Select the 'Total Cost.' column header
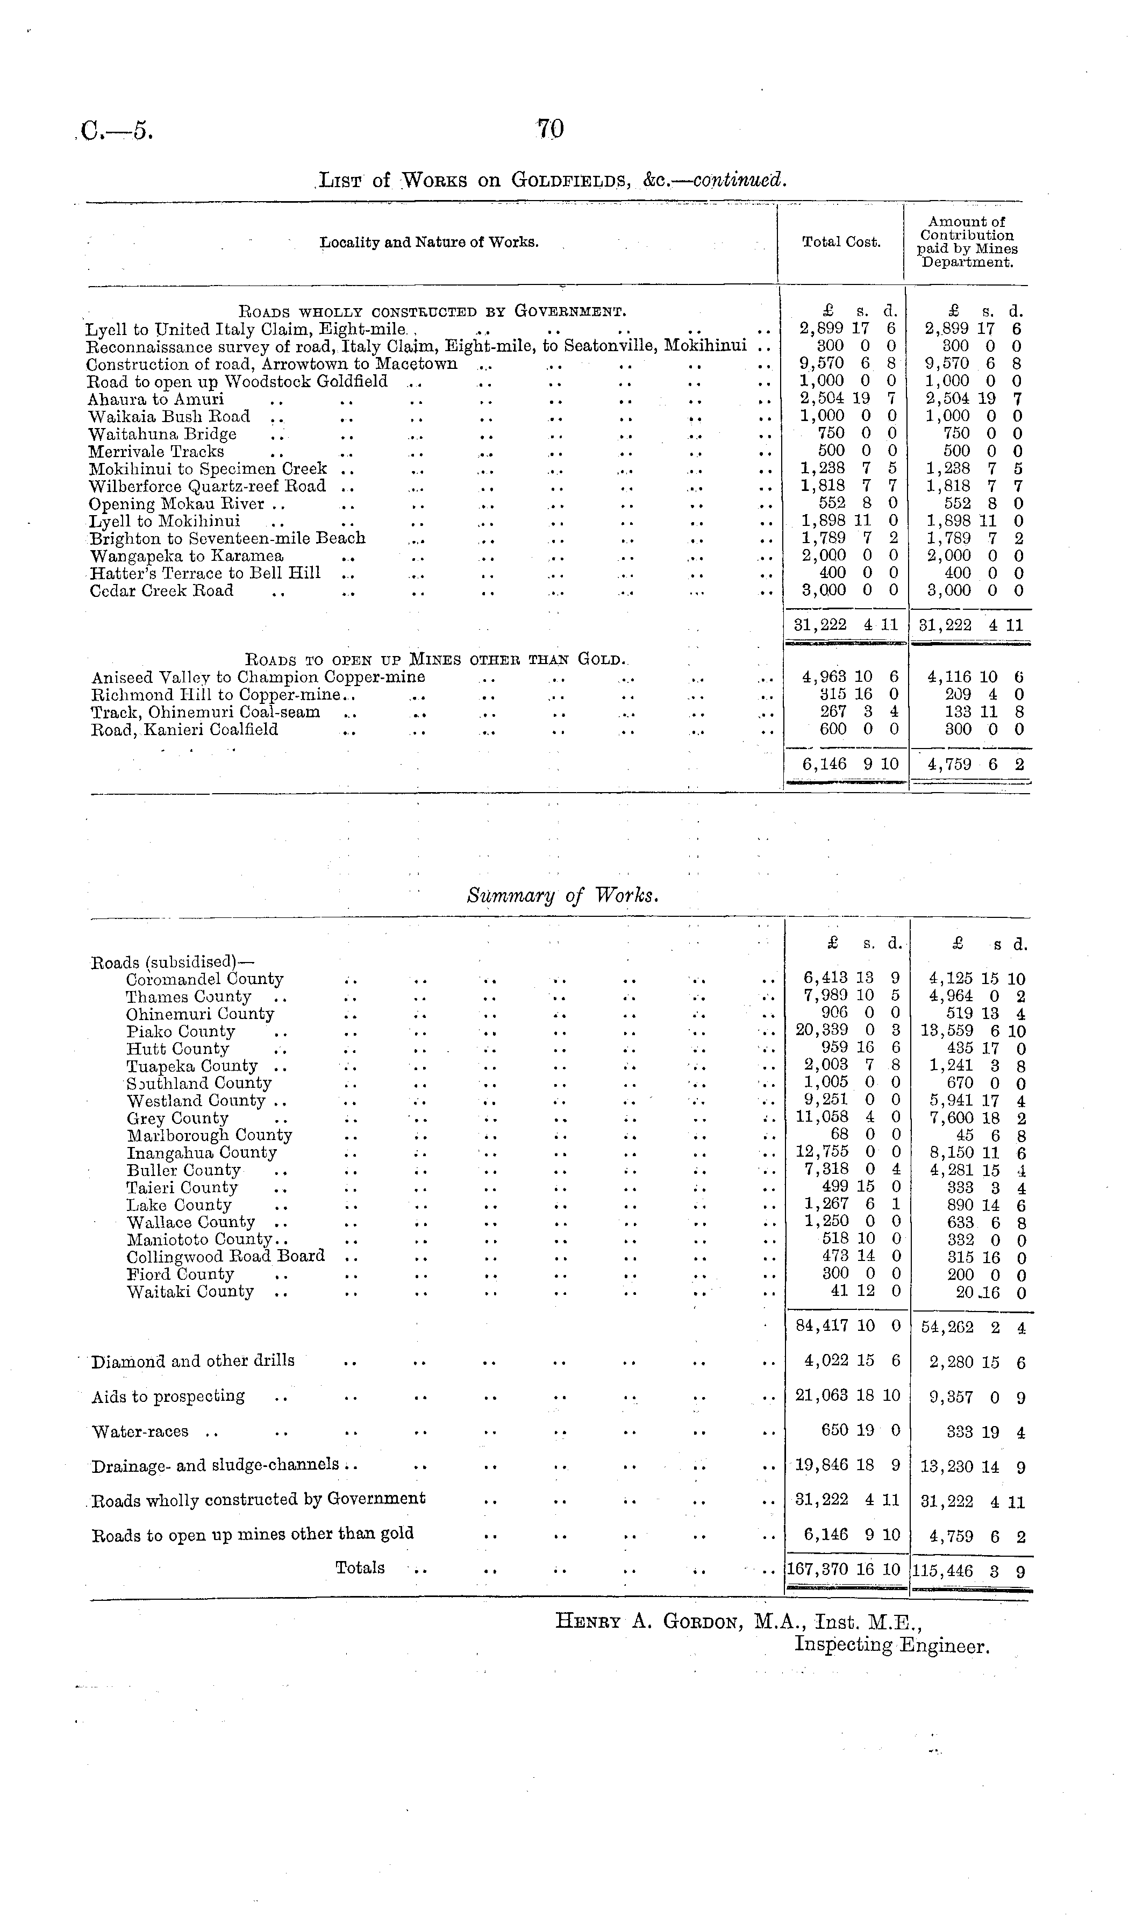(841, 242)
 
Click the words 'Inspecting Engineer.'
(891, 1646)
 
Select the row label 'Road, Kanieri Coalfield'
(184, 729)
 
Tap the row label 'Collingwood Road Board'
(226, 1256)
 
